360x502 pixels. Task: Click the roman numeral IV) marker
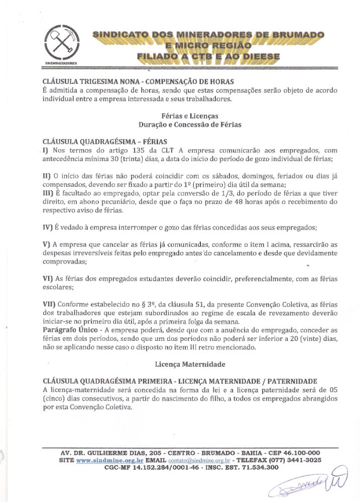[x=48, y=227]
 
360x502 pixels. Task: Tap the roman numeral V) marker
[x=47, y=244]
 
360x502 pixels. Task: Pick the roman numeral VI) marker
[x=48, y=279]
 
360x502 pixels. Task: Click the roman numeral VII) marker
[x=49, y=304]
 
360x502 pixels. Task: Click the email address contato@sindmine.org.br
[x=198, y=460]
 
